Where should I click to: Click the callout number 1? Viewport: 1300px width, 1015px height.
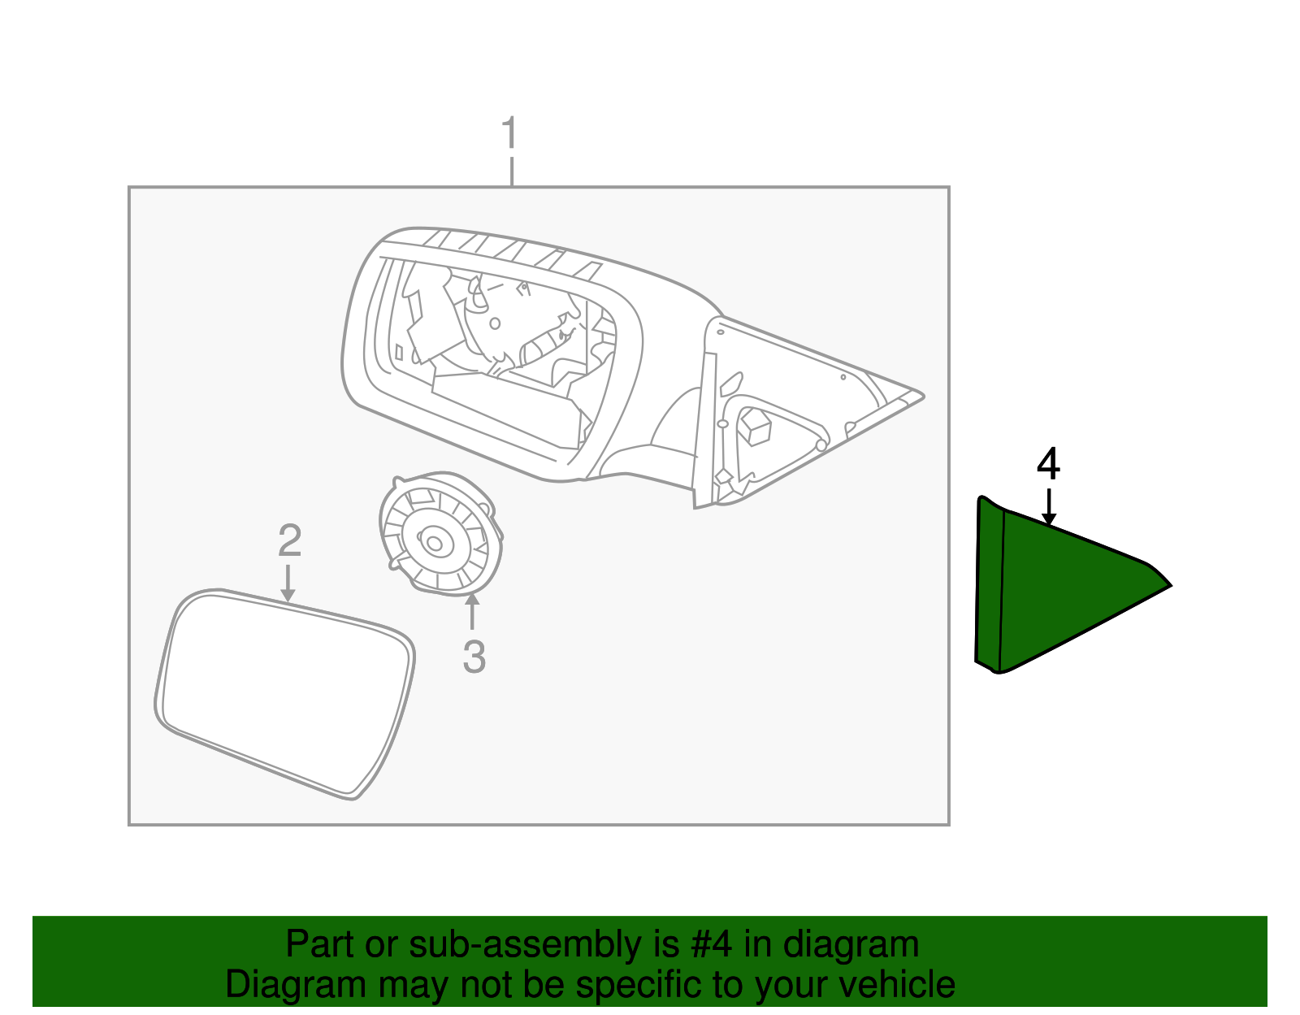[x=509, y=133]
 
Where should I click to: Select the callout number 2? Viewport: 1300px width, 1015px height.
[x=289, y=540]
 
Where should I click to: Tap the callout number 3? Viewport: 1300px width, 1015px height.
[x=474, y=657]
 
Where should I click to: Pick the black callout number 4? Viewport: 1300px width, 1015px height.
[x=1048, y=465]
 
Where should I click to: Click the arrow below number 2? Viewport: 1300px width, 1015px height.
[x=288, y=584]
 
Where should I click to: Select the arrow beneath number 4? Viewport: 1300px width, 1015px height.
[x=1049, y=507]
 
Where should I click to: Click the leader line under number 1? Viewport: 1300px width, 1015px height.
[x=511, y=171]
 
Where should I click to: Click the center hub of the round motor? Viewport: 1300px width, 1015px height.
[x=435, y=540]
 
